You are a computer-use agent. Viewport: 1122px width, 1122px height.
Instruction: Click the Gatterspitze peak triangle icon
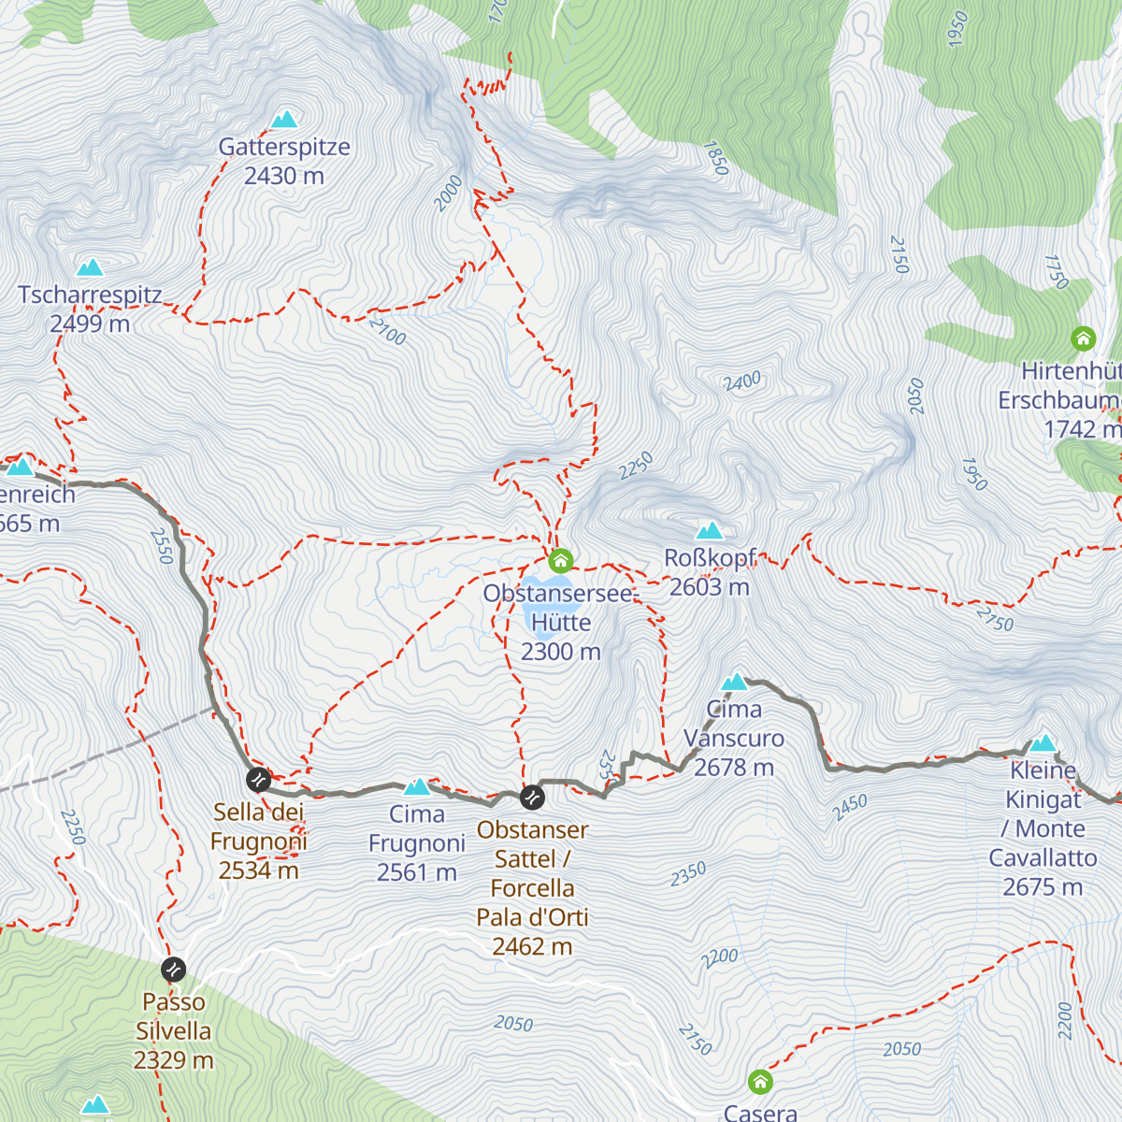click(x=284, y=120)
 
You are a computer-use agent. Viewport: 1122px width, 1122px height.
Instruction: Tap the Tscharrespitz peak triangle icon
click(x=90, y=268)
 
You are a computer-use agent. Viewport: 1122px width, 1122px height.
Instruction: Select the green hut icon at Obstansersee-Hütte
click(x=560, y=561)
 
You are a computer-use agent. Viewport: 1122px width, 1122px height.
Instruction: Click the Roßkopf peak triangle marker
click(x=710, y=532)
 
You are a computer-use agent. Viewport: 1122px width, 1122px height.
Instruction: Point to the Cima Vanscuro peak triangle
click(x=735, y=683)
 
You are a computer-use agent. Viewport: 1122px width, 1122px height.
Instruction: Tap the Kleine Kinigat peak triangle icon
click(x=1043, y=744)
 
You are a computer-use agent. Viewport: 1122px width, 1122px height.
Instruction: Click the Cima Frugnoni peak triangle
click(x=417, y=787)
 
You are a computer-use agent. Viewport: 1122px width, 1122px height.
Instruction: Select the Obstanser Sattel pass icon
click(x=532, y=798)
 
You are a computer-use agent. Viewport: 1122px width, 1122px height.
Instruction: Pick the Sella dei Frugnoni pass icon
click(x=258, y=779)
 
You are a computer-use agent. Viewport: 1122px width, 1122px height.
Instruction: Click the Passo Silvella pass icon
click(x=173, y=970)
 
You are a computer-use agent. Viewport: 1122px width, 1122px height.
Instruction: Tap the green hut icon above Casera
click(x=761, y=1083)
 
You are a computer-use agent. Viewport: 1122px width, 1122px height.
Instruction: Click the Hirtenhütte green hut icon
click(x=1083, y=338)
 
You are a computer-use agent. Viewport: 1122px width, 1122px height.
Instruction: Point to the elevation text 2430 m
click(x=284, y=176)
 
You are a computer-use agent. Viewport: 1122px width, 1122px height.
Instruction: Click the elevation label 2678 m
click(x=734, y=768)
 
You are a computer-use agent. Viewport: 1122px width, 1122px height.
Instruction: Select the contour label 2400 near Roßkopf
click(x=742, y=381)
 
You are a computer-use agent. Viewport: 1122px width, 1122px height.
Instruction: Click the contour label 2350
click(x=688, y=874)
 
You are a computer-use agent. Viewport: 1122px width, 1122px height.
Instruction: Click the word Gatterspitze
click(x=284, y=147)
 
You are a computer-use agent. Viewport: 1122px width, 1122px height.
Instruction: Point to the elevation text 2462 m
click(x=532, y=947)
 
